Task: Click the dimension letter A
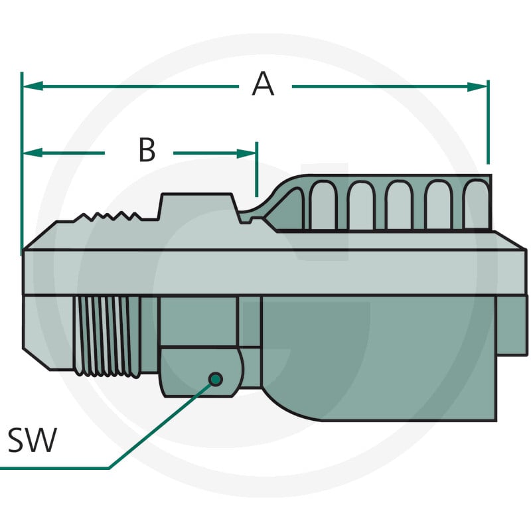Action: click(263, 84)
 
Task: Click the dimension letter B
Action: click(147, 149)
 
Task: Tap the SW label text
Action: click(32, 440)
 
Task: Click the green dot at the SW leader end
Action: click(216, 379)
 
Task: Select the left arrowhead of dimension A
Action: click(33, 86)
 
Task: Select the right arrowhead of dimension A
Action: click(477, 87)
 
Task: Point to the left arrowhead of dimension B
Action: click(33, 153)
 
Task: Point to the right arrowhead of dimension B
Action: click(246, 153)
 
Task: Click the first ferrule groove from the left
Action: click(323, 205)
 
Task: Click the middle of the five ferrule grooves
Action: click(399, 205)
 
